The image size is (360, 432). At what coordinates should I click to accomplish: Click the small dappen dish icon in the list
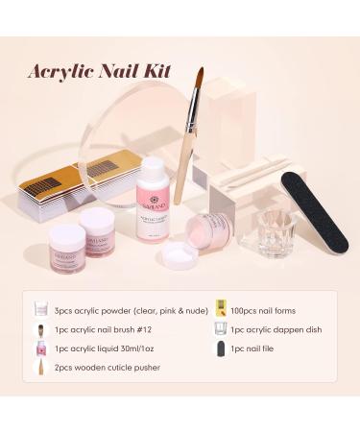tap(221, 331)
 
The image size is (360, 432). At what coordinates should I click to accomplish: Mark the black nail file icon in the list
tap(221, 353)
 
